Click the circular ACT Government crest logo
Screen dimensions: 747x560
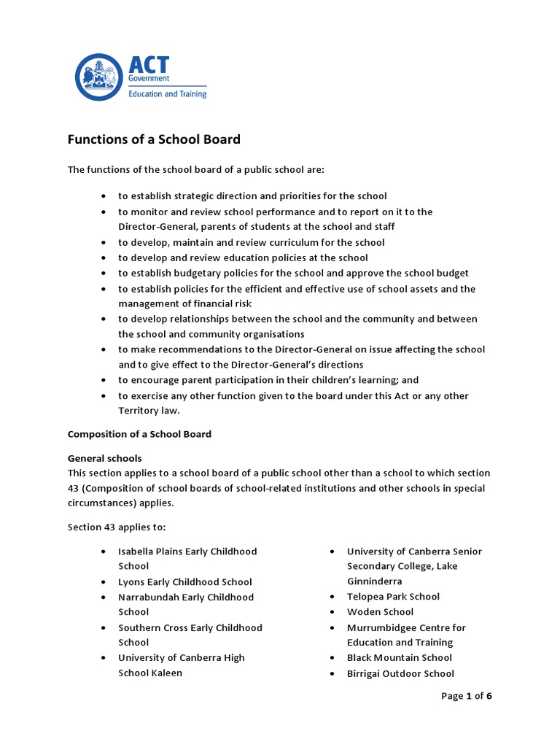pos(100,77)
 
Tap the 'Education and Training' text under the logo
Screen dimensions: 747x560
pos(167,94)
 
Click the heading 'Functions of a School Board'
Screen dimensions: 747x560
pos(154,139)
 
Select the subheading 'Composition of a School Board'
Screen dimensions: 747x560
pos(139,434)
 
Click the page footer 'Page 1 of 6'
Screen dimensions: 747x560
pos(467,696)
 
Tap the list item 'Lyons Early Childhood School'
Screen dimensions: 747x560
pos(185,582)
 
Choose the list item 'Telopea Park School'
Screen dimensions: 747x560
pos(393,597)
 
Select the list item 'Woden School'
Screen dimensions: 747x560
pos(380,612)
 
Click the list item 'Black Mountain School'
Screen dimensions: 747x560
pos(399,658)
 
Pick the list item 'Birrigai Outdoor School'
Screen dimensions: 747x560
pos(400,673)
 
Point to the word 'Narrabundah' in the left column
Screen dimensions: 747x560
pos(148,597)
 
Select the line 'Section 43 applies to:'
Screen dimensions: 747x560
pos(117,527)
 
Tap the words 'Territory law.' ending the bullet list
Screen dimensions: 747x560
pos(149,411)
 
